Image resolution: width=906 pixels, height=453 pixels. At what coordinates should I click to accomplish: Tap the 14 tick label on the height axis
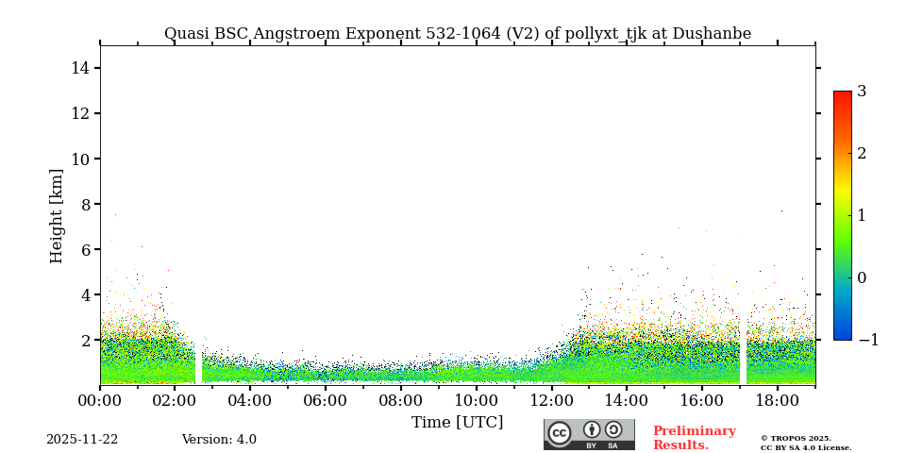pyautogui.click(x=79, y=68)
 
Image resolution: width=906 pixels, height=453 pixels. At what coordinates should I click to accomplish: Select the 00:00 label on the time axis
pyautogui.click(x=100, y=400)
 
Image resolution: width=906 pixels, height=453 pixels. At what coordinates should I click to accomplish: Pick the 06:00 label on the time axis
pyautogui.click(x=326, y=400)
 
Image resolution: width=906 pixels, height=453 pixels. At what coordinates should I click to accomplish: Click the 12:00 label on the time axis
pyautogui.click(x=551, y=400)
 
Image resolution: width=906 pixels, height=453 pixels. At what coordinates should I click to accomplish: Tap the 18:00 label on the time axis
pyautogui.click(x=777, y=400)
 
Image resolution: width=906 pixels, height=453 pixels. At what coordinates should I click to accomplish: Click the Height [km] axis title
pyautogui.click(x=58, y=215)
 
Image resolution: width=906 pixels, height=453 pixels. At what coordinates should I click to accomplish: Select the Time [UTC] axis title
pyautogui.click(x=457, y=422)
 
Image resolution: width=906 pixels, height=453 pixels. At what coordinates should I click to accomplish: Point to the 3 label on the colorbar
pyautogui.click(x=862, y=92)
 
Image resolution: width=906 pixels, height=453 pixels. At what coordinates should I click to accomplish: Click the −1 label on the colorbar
pyautogui.click(x=867, y=340)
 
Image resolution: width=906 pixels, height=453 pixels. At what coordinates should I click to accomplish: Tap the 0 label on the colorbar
pyautogui.click(x=862, y=277)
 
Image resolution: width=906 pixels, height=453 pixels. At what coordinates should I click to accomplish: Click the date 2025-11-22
pyautogui.click(x=82, y=440)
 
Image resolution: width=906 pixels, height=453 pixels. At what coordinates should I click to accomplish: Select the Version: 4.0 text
pyautogui.click(x=219, y=440)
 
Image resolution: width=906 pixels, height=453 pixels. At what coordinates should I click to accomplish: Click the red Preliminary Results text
pyautogui.click(x=694, y=438)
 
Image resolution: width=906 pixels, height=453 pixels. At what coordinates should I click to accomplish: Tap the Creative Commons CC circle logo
pyautogui.click(x=560, y=433)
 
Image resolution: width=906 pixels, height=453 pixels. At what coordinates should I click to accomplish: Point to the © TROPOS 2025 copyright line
pyautogui.click(x=796, y=438)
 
